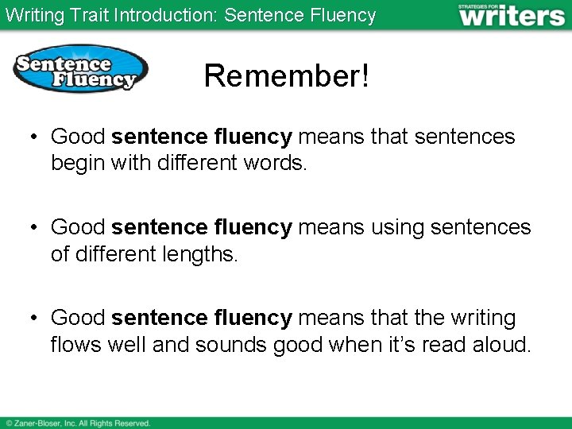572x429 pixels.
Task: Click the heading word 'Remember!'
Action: [x=286, y=76]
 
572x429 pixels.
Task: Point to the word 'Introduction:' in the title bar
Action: [x=165, y=15]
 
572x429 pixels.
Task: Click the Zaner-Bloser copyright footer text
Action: [x=78, y=423]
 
